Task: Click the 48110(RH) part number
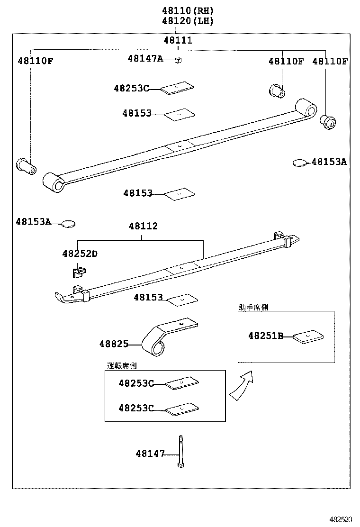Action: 188,10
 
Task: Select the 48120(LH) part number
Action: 188,21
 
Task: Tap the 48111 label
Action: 178,40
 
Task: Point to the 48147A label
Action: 145,58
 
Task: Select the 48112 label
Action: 143,227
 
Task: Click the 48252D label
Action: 80,254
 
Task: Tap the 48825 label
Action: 114,344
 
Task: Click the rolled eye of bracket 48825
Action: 157,349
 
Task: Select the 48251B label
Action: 265,336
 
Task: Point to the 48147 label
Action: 150,454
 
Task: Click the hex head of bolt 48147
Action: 180,465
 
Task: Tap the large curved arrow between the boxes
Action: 242,384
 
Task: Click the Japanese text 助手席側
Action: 253,307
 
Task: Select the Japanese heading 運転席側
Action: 122,365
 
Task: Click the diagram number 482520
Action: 341,520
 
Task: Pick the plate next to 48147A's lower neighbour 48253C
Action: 177,89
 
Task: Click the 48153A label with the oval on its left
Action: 329,162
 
